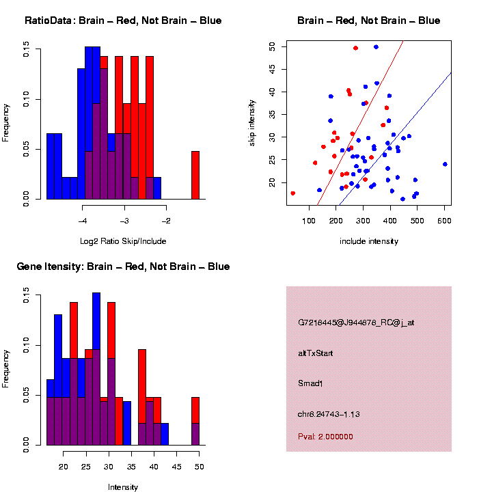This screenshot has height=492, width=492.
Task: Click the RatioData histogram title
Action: pyautogui.click(x=123, y=20)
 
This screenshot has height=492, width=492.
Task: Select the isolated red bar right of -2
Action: pyautogui.click(x=195, y=175)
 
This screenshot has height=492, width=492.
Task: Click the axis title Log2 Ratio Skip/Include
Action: pyautogui.click(x=123, y=241)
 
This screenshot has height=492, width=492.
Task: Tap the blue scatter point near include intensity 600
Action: pyautogui.click(x=445, y=164)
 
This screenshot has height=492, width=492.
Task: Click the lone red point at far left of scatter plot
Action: pyautogui.click(x=293, y=193)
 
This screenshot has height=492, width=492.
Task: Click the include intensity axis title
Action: pyautogui.click(x=369, y=241)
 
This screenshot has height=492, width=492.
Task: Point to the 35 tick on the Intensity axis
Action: pyautogui.click(x=131, y=467)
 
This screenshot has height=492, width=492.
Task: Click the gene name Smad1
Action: pyautogui.click(x=310, y=383)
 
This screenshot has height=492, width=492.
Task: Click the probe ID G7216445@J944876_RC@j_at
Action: pyautogui.click(x=356, y=323)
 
